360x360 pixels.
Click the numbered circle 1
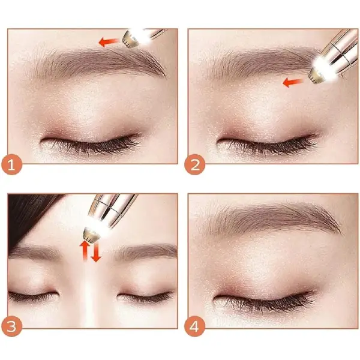(11, 164)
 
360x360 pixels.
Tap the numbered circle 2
(194, 164)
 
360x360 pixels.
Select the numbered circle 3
(11, 326)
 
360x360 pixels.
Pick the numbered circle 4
(194, 326)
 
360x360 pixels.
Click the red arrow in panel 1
(109, 42)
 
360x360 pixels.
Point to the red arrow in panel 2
(293, 82)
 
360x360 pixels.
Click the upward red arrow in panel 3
(85, 250)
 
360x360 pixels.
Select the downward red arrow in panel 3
(96, 251)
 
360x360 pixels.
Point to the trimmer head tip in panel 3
(91, 234)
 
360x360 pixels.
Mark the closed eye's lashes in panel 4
(264, 301)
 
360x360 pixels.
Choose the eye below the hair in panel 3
(32, 296)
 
